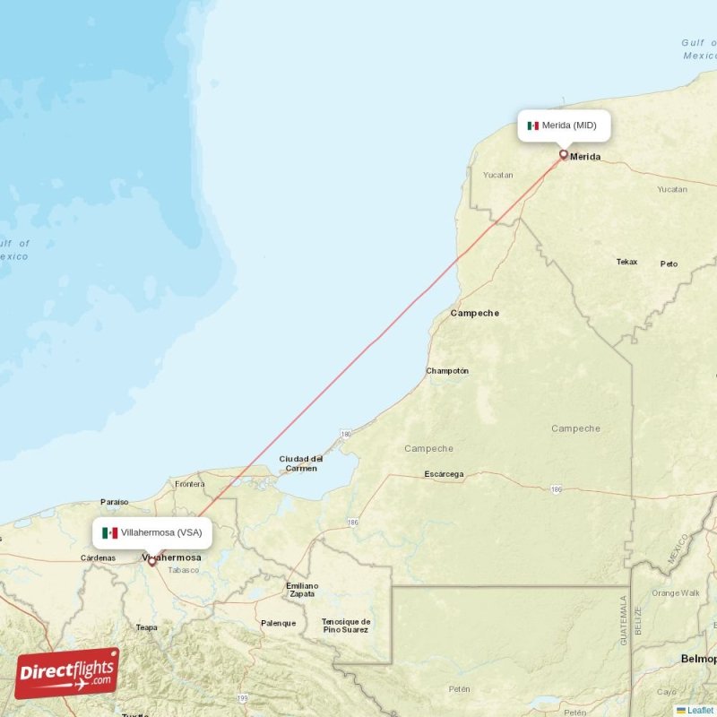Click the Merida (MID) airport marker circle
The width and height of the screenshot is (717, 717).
[564, 154]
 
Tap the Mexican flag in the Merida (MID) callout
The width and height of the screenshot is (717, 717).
[533, 125]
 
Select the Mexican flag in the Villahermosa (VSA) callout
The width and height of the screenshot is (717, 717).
[110, 532]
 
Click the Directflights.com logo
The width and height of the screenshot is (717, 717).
[67, 673]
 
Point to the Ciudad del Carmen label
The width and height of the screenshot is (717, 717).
[300, 463]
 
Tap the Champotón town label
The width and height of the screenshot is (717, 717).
[447, 371]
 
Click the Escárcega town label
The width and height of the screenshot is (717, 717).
[444, 474]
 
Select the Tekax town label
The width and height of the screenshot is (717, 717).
[626, 262]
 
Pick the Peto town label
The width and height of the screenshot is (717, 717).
[669, 264]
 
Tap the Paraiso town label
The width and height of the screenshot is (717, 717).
[115, 502]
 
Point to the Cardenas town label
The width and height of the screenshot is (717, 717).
[98, 558]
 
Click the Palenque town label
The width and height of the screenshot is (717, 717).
[278, 623]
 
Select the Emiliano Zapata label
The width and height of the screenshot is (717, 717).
[301, 590]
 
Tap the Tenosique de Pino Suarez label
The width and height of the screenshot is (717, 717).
[346, 626]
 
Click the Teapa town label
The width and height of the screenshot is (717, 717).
[146, 627]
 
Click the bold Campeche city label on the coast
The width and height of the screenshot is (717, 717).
[475, 313]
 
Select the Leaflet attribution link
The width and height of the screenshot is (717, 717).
[700, 711]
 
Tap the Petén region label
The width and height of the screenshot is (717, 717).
[459, 689]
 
